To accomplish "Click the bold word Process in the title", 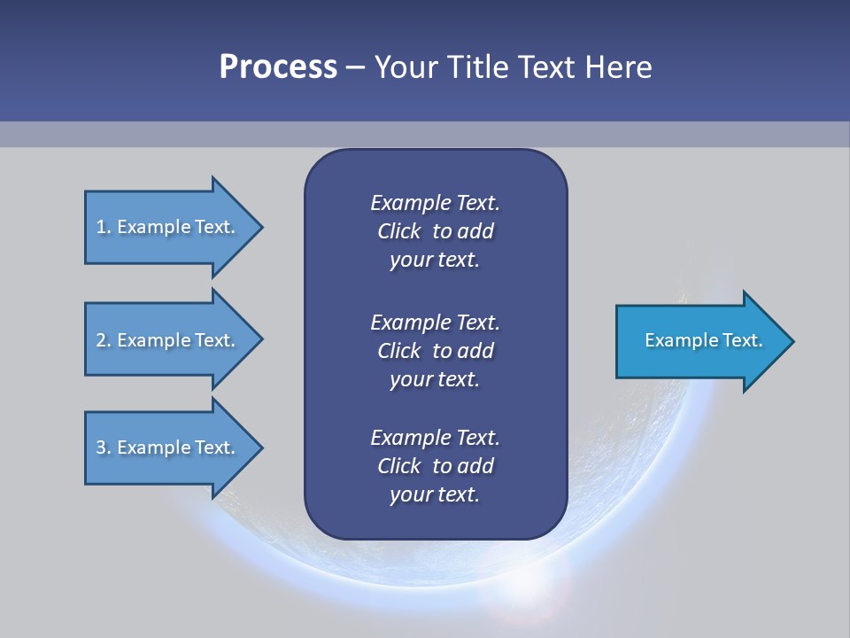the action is [x=278, y=67].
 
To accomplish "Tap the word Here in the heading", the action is [x=618, y=66].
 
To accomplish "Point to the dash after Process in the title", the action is [x=356, y=68].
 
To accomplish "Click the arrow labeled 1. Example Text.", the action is [x=174, y=228].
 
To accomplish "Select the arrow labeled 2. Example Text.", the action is [x=174, y=339].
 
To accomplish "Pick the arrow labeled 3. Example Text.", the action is [x=174, y=447].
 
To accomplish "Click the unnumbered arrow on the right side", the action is [x=706, y=341].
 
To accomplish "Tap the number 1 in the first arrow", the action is [x=100, y=227].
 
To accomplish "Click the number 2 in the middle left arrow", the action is [x=101, y=340].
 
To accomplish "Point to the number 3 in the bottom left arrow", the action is [x=101, y=447].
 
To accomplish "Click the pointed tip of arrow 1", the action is [x=263, y=228].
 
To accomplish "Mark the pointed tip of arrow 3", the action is [x=263, y=448].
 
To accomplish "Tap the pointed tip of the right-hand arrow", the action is [x=794, y=341].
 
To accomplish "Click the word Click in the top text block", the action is [x=399, y=231].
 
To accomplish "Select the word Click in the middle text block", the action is [x=399, y=351].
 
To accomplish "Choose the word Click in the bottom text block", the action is [x=399, y=465].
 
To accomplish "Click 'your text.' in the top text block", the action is [x=435, y=260].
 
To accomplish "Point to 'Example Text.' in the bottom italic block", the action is [x=435, y=437].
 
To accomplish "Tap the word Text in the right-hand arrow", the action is [x=743, y=340].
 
